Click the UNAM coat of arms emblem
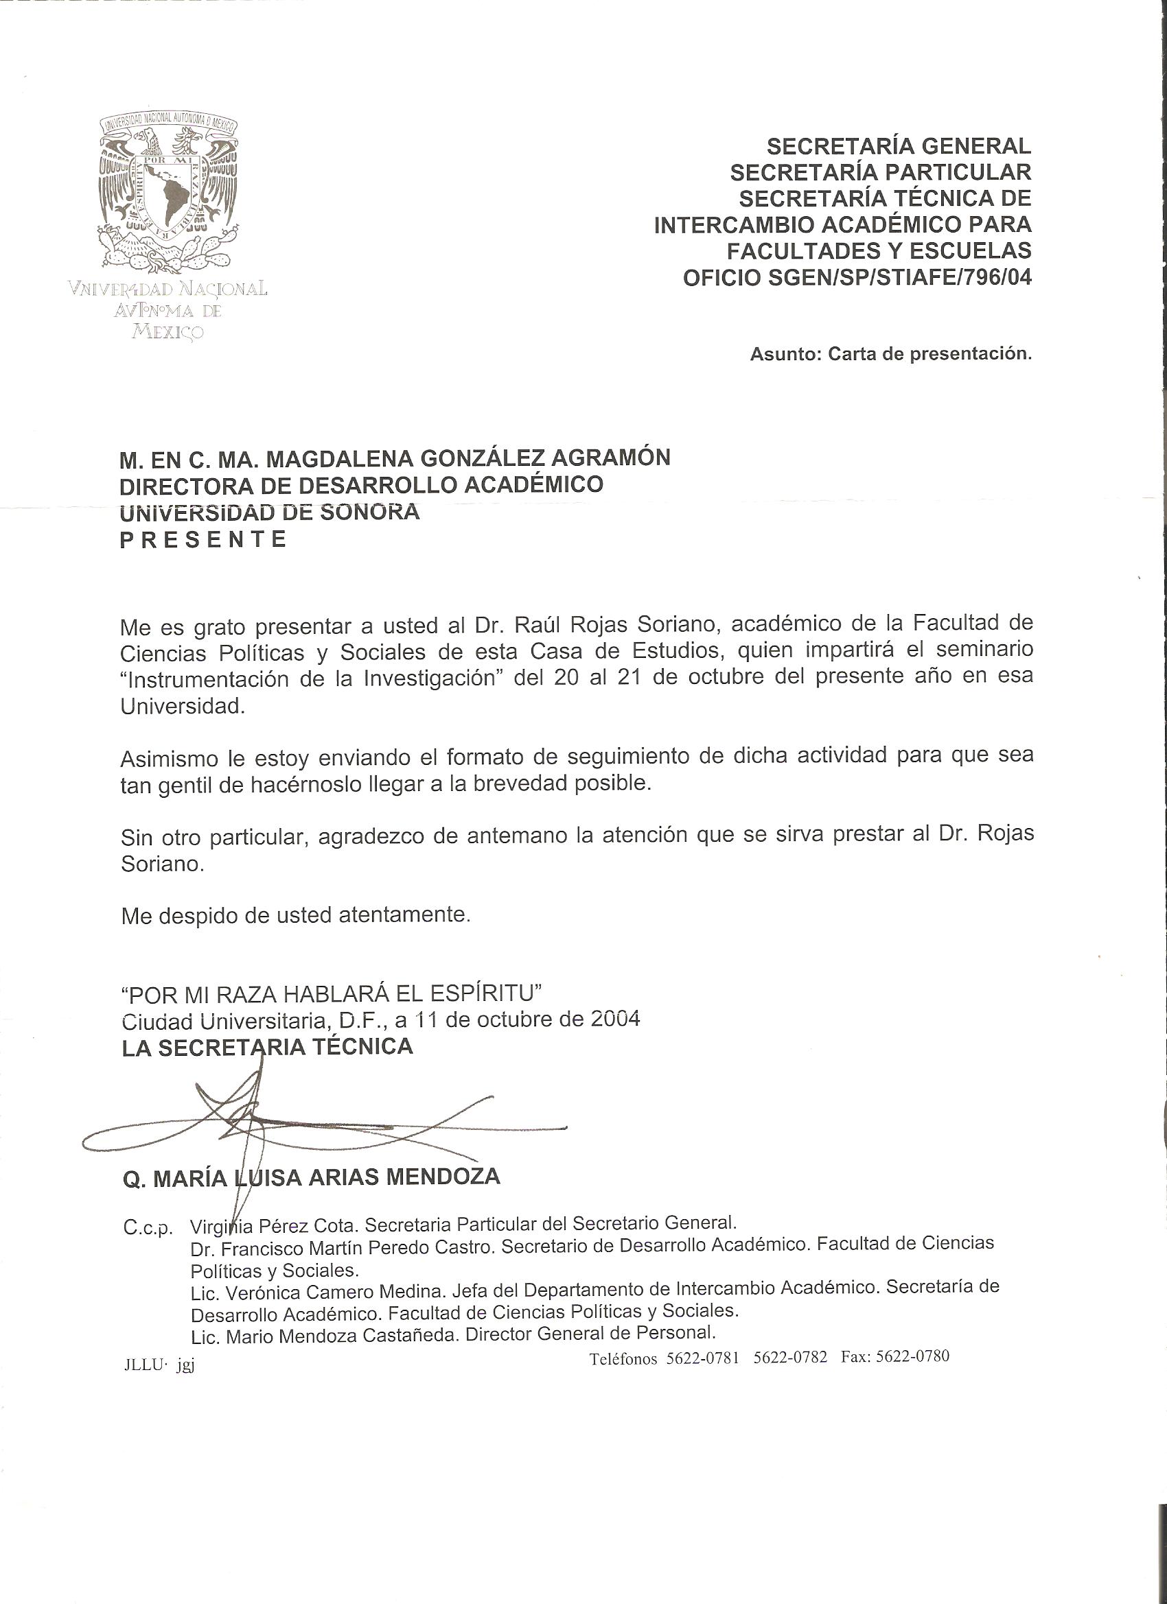click(168, 192)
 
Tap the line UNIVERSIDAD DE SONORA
click(270, 512)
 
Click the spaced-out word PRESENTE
click(203, 540)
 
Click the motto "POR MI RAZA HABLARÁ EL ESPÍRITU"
click(332, 993)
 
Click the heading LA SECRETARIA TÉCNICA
click(268, 1047)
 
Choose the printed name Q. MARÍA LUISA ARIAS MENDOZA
click(312, 1177)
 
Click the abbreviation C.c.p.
click(147, 1229)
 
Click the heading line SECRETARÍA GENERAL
click(899, 146)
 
